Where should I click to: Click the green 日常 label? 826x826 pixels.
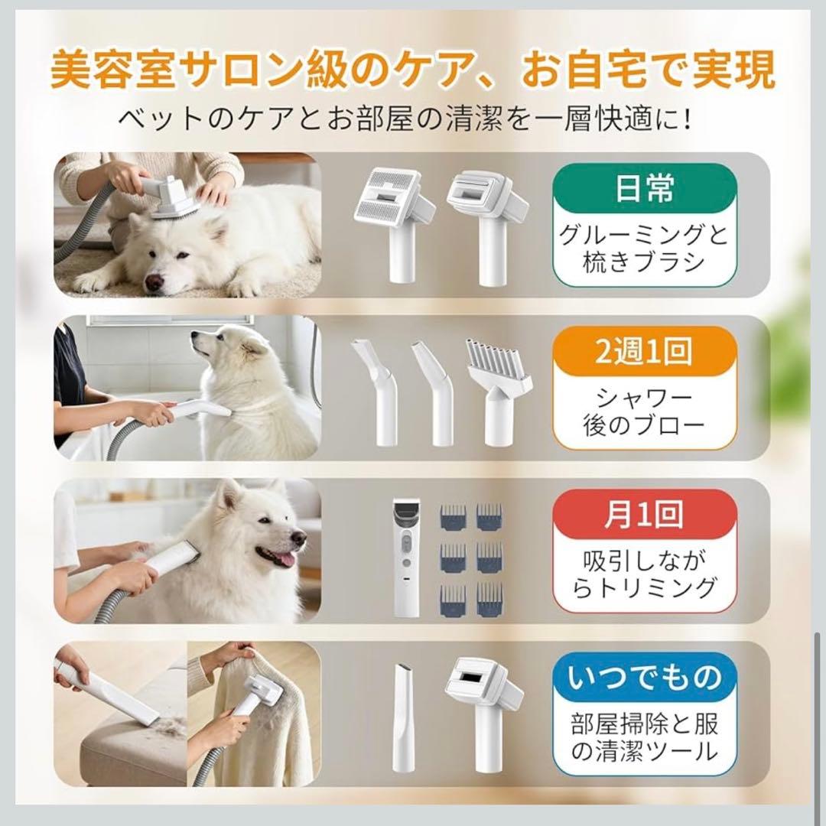coord(644,188)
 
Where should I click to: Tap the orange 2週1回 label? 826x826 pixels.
coord(644,351)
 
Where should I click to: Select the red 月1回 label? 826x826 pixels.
coord(644,515)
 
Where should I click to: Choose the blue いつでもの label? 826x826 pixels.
coord(644,678)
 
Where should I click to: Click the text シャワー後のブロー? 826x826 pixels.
coord(644,411)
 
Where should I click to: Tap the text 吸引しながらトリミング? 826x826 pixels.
coord(644,574)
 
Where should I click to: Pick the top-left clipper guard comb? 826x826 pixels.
coord(453,517)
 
